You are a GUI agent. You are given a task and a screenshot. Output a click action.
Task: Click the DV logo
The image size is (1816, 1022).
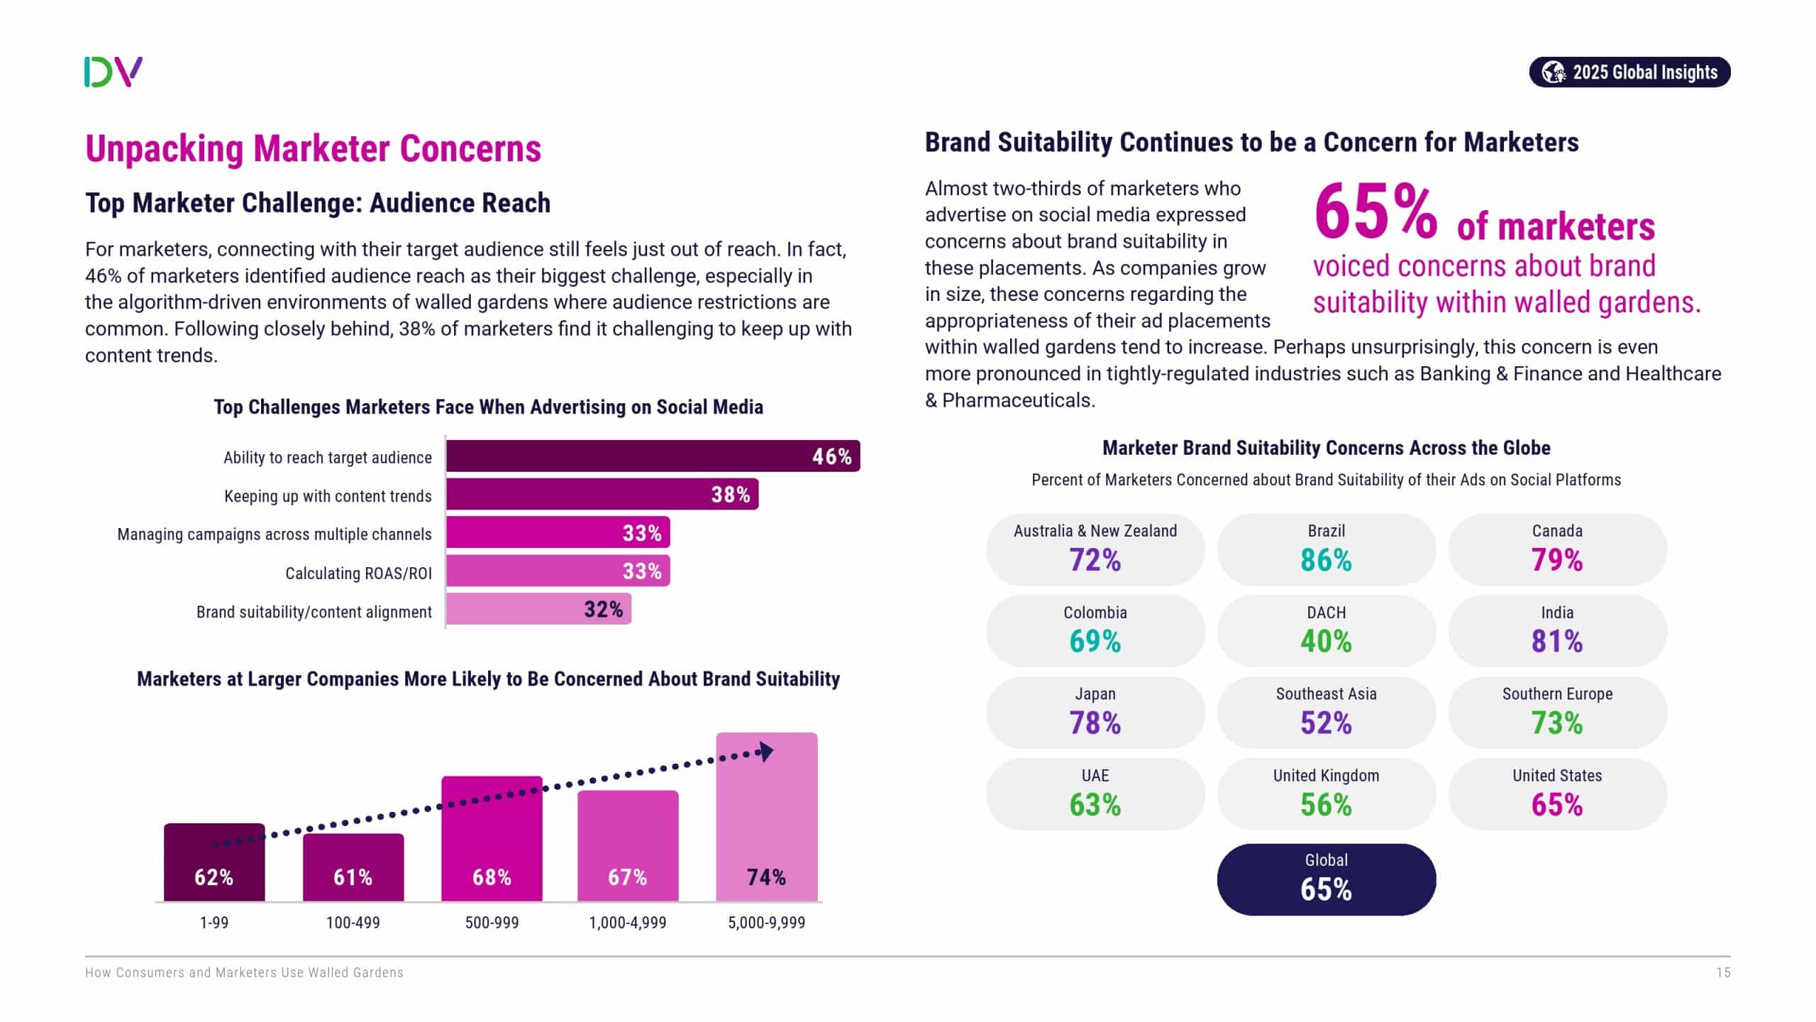[x=113, y=72]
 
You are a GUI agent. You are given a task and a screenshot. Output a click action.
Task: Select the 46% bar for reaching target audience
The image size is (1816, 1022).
[x=653, y=456]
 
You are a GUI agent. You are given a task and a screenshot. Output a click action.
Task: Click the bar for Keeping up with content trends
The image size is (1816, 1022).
[x=602, y=495]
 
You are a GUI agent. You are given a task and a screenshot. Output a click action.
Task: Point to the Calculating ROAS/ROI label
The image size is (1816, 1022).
[x=358, y=573]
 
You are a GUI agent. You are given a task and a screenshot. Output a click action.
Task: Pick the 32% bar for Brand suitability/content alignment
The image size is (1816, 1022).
[x=538, y=609]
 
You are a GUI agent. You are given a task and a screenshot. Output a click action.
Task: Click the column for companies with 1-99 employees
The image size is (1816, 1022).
[x=214, y=862]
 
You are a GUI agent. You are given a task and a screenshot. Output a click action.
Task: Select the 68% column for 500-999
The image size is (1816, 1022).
[x=492, y=839]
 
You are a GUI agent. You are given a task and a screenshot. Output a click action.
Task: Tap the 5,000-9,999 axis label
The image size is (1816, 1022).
[x=766, y=923]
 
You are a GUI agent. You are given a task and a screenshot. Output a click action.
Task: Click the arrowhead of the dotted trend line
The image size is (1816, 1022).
[x=765, y=752]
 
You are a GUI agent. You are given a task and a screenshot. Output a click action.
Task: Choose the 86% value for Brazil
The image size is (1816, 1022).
[x=1326, y=560]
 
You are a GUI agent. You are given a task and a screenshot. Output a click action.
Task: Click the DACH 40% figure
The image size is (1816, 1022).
[x=1326, y=642]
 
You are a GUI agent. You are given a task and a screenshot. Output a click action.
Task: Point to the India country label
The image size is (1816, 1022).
[x=1557, y=612]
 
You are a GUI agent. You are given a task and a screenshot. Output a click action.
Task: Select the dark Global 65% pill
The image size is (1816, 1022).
[x=1326, y=879]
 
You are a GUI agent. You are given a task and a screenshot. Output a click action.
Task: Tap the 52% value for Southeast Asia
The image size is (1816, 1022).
[x=1326, y=723]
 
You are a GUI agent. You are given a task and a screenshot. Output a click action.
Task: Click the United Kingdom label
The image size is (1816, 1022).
[x=1326, y=776]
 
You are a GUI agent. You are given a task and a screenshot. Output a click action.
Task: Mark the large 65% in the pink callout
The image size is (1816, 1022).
[x=1375, y=212]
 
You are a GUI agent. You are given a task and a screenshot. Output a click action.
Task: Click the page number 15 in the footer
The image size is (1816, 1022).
[x=1723, y=973]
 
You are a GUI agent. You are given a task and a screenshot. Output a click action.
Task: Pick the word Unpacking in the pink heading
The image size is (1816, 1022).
[x=165, y=149]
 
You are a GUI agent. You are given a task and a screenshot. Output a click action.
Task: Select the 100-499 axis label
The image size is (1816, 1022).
[x=353, y=923]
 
